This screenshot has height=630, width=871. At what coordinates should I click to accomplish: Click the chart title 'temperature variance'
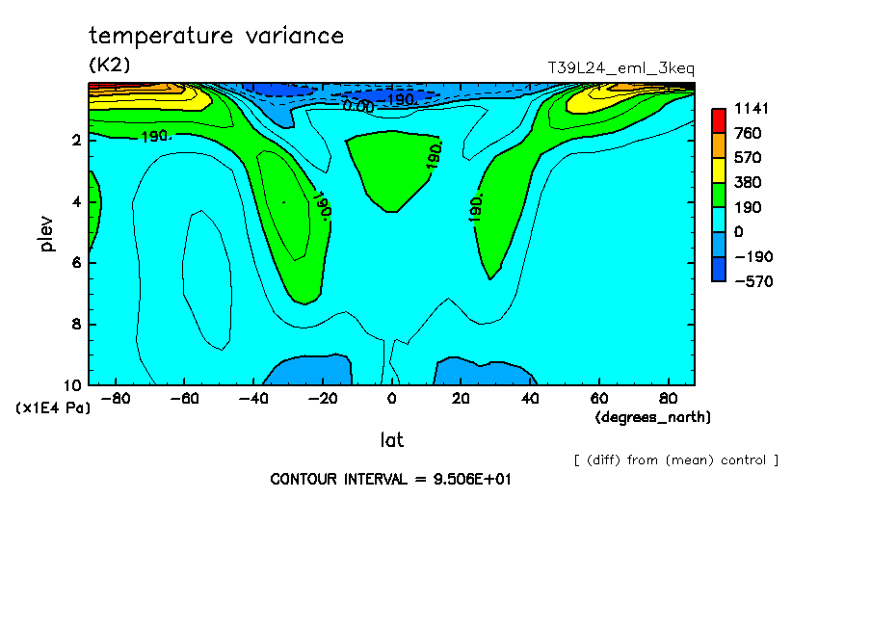pyautogui.click(x=216, y=37)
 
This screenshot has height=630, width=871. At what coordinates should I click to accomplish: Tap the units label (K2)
pyautogui.click(x=109, y=65)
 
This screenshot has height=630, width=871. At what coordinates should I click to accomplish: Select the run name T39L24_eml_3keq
pyautogui.click(x=620, y=68)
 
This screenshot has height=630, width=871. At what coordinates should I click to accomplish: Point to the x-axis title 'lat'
pyautogui.click(x=391, y=440)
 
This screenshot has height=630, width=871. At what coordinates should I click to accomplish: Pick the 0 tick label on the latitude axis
pyautogui.click(x=392, y=397)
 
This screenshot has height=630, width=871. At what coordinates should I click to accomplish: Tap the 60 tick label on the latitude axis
pyautogui.click(x=598, y=397)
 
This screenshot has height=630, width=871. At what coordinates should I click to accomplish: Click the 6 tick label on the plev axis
pyautogui.click(x=76, y=263)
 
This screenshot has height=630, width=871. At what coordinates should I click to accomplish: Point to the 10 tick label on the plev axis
pyautogui.click(x=72, y=385)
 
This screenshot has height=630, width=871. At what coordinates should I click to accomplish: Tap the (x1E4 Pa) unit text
pyautogui.click(x=53, y=408)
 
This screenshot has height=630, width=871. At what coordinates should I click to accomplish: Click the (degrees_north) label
pyautogui.click(x=654, y=417)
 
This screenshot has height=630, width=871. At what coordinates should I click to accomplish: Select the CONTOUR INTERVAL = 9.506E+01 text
pyautogui.click(x=390, y=479)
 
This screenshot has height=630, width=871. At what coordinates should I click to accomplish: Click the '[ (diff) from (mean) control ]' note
pyautogui.click(x=676, y=460)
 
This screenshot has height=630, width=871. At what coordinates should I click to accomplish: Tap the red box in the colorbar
pyautogui.click(x=718, y=120)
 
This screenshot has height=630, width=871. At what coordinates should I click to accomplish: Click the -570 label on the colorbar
pyautogui.click(x=752, y=281)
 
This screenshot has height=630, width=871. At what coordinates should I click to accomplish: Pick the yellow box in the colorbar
pyautogui.click(x=718, y=170)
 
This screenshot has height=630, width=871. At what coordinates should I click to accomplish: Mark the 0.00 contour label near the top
pyautogui.click(x=358, y=106)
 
